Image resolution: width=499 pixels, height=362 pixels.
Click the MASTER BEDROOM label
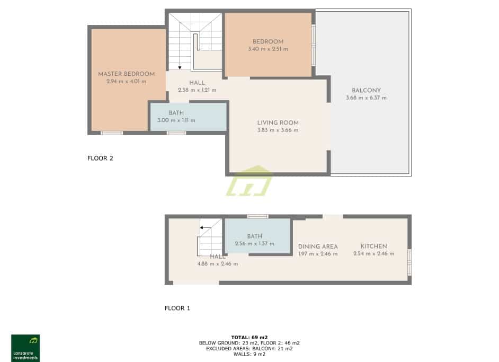(x=126, y=74)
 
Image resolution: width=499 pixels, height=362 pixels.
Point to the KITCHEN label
(x=373, y=246)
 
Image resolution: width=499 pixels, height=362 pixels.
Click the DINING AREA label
(x=318, y=246)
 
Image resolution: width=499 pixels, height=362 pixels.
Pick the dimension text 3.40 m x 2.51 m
(x=268, y=49)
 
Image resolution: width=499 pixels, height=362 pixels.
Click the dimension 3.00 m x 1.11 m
(x=176, y=120)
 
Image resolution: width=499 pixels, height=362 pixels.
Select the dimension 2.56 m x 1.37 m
(x=255, y=244)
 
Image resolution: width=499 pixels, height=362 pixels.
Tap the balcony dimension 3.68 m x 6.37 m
(x=366, y=98)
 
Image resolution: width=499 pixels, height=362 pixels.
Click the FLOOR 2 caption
(x=101, y=158)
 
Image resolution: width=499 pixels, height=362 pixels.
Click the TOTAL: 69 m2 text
(x=249, y=337)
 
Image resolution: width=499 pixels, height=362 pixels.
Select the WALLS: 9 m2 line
(x=249, y=354)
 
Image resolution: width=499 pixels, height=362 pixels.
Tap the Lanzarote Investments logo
(x=25, y=348)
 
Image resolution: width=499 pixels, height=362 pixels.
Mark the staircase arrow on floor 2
(x=180, y=67)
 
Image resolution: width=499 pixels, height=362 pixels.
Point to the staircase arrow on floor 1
(x=201, y=227)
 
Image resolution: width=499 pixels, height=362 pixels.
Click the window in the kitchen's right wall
(x=409, y=262)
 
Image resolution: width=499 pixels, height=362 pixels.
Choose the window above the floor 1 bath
(x=258, y=216)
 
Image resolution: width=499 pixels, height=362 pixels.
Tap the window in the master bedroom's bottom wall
(x=112, y=133)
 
